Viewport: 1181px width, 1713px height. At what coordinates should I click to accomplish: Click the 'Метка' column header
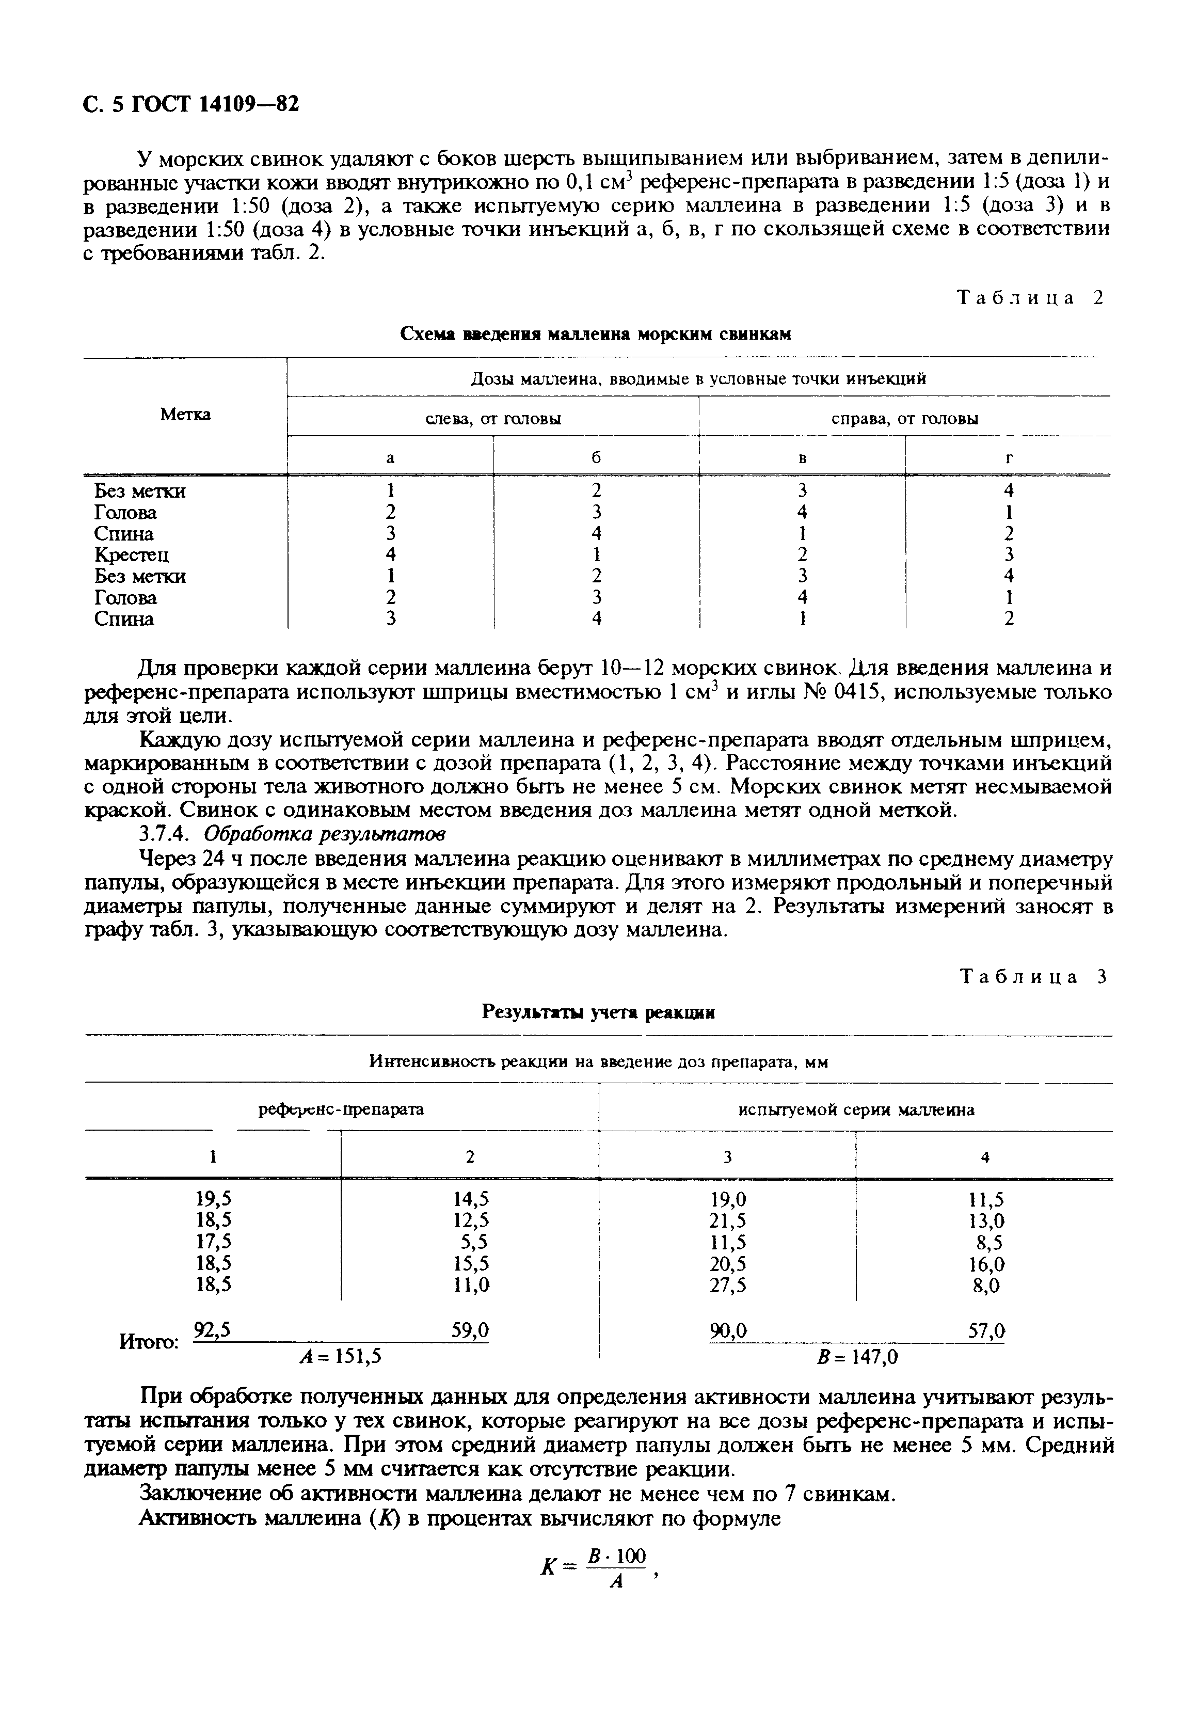(185, 415)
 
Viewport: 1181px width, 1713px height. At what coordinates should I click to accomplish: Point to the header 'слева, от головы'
(493, 419)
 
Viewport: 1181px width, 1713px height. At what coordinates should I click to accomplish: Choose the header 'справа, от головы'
(904, 419)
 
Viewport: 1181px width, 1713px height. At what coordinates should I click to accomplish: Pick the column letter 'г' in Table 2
(1008, 458)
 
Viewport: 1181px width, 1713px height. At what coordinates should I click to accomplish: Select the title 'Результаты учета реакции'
(598, 1011)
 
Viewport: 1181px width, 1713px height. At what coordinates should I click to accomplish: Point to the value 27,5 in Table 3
(727, 1286)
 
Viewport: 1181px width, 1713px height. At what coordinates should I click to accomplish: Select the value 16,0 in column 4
(986, 1264)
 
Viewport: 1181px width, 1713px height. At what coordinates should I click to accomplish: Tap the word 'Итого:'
(149, 1342)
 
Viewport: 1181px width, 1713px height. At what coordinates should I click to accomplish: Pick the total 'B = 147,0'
(856, 1356)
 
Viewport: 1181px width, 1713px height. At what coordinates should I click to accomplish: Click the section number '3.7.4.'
(168, 834)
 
